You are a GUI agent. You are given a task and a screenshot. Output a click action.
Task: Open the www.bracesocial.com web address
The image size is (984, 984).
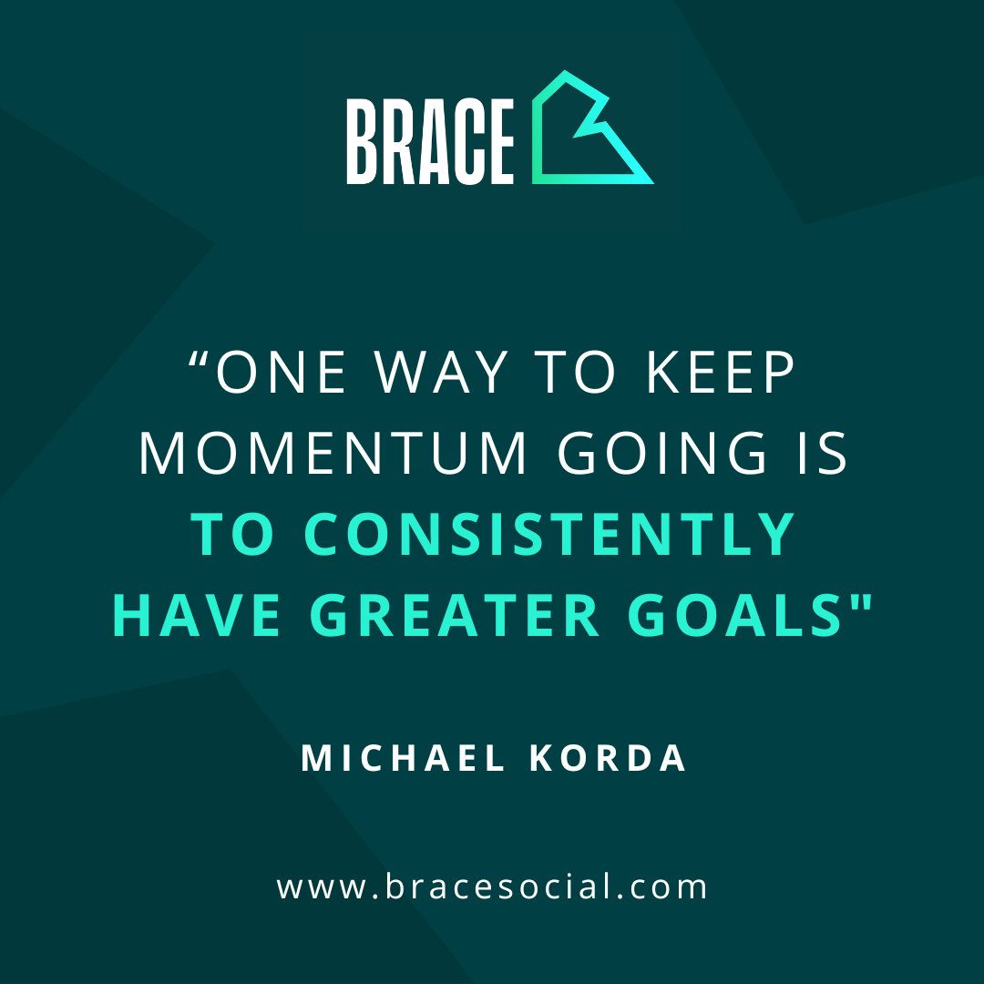pyautogui.click(x=492, y=887)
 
